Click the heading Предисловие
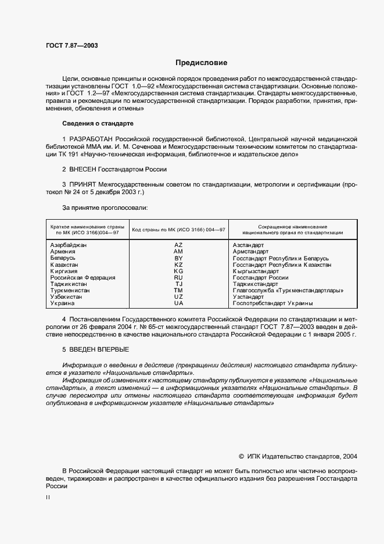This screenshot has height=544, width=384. tap(202, 62)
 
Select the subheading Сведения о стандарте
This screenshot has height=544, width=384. tap(98, 124)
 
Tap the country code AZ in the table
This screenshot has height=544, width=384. tap(178, 245)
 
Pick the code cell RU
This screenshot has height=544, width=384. tap(178, 278)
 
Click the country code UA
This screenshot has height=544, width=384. tap(178, 303)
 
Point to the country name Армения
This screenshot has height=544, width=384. tap(63, 252)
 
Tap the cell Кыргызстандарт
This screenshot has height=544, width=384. tap(256, 271)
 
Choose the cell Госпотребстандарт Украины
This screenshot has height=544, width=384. tap(272, 303)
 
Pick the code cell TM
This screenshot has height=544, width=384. tap(178, 291)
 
